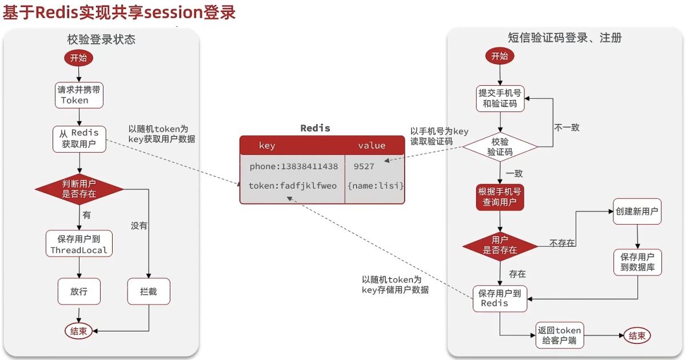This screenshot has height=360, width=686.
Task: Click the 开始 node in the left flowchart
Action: [x=79, y=58]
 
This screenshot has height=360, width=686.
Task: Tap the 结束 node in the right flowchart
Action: [x=637, y=336]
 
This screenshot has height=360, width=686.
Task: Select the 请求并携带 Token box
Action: [x=79, y=95]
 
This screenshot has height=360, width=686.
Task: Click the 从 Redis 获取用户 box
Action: [x=79, y=139]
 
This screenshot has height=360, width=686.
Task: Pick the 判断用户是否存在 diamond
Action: [x=79, y=189]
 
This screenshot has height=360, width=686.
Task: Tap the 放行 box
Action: [x=79, y=291]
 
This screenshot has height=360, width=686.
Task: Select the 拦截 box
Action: [x=149, y=291]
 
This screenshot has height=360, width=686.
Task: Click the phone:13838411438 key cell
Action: [x=293, y=166]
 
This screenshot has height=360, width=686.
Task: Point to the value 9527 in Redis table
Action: [x=364, y=166]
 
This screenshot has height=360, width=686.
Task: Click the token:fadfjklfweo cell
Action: [x=293, y=186]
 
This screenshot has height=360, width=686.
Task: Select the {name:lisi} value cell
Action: [x=376, y=186]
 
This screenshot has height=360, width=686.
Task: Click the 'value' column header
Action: [x=372, y=146]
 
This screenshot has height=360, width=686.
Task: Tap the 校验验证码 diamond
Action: [x=500, y=147]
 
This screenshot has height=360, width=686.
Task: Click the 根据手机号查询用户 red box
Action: [x=500, y=197]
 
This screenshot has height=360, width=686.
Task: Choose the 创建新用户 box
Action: [x=637, y=212]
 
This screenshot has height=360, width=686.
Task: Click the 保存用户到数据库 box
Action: [x=637, y=262]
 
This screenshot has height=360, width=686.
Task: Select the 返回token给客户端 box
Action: [x=560, y=336]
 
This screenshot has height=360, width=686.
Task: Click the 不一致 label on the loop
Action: [x=567, y=127]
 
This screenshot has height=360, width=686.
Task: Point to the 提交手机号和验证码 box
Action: [x=500, y=98]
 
